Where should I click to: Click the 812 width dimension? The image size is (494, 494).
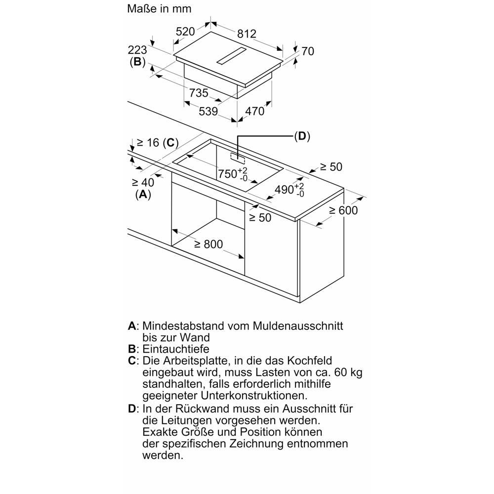click(247, 34)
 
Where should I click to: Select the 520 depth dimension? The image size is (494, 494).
click(185, 32)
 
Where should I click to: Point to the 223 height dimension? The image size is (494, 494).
click(137, 50)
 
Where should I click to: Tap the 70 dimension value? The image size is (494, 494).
click(308, 51)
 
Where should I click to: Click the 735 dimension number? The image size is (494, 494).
click(199, 93)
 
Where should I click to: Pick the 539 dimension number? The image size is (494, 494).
click(208, 111)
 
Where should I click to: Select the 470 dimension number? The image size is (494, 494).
click(254, 111)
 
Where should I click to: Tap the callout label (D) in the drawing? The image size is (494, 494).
click(302, 136)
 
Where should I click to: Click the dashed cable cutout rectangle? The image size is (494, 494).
click(238, 158)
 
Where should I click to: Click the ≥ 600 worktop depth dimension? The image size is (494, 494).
click(343, 210)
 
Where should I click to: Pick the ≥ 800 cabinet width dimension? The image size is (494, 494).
click(208, 244)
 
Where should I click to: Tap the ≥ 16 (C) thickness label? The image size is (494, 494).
click(158, 143)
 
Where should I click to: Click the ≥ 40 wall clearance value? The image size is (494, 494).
click(143, 182)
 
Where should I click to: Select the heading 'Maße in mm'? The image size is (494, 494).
click(159, 8)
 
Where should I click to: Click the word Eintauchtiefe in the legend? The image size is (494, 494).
click(176, 349)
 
